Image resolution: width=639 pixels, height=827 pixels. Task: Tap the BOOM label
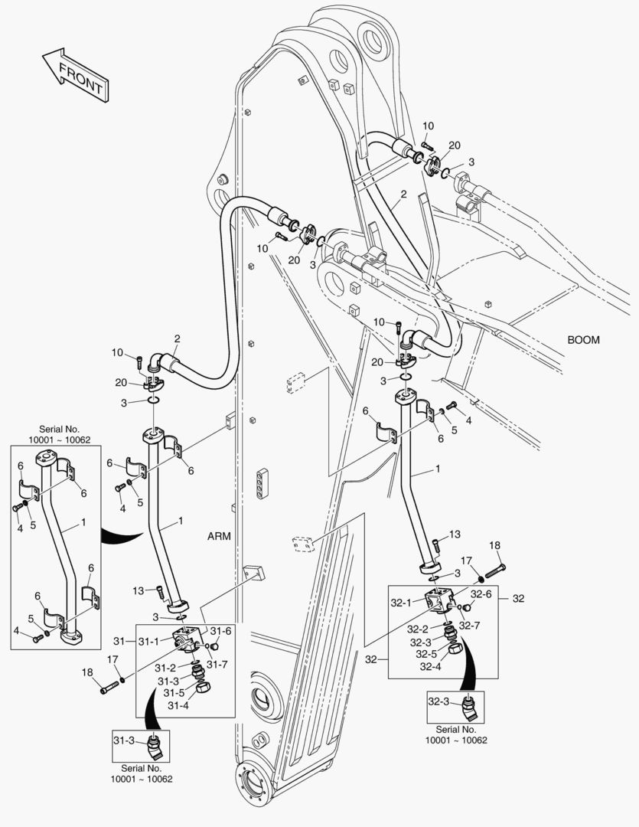tap(583, 339)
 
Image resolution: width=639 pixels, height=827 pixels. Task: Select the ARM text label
tap(219, 536)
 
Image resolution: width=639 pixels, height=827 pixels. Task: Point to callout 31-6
tap(220, 632)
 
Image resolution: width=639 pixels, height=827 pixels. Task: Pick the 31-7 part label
tap(216, 664)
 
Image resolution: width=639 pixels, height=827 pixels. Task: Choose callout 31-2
tap(168, 668)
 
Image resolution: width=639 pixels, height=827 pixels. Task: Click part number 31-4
tap(178, 705)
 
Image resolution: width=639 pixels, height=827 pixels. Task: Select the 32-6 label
tap(481, 593)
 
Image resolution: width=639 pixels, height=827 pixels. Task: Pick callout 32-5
tap(427, 654)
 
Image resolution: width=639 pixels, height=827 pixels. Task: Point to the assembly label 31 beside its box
tap(119, 640)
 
